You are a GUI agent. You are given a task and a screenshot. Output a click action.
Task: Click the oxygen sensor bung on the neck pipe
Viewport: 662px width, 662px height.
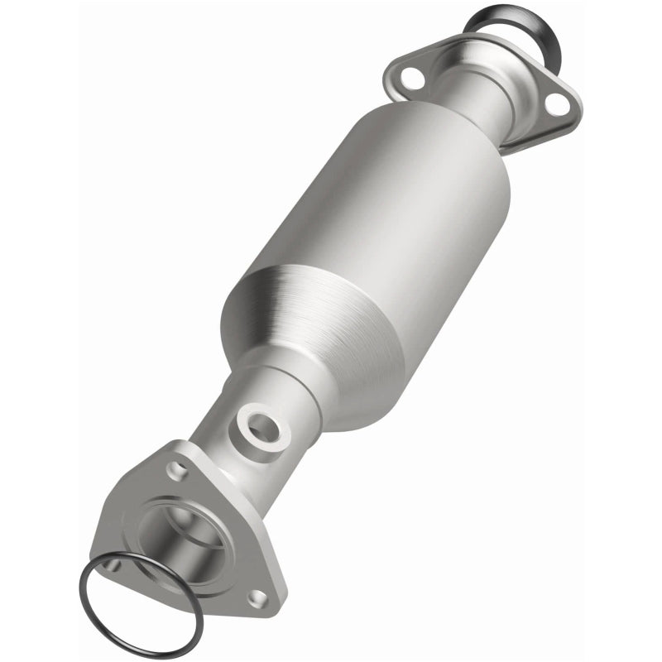click(262, 426)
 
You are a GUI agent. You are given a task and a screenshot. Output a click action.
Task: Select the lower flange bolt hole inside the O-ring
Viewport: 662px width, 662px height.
click(113, 565)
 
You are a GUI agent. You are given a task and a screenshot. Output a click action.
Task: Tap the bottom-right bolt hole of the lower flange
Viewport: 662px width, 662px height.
click(258, 596)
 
